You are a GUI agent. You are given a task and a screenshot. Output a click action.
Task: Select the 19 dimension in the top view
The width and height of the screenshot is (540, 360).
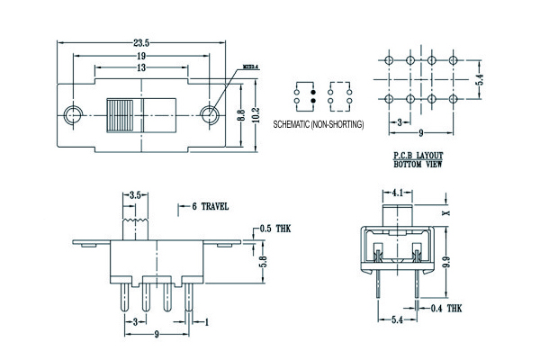[143, 55]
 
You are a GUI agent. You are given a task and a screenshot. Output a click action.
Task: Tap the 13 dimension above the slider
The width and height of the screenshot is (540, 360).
[143, 68]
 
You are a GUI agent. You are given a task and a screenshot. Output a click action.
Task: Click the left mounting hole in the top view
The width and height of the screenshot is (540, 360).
[74, 114]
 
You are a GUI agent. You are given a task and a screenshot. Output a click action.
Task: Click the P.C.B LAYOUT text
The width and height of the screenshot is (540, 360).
[418, 157]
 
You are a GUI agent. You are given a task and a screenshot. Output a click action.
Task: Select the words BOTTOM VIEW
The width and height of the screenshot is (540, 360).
[418, 166]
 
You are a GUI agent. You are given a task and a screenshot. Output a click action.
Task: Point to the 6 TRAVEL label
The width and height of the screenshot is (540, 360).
[210, 206]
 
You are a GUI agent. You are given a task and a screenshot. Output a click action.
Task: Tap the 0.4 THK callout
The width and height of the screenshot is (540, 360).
[446, 308]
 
